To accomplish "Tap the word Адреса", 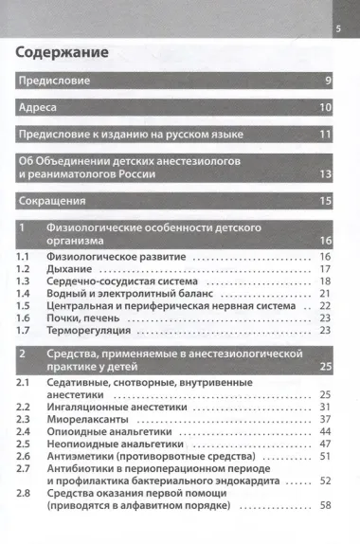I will (42, 107).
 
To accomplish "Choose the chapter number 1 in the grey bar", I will (23, 227).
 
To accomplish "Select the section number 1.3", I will (25, 281).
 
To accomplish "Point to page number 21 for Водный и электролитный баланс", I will (324, 294).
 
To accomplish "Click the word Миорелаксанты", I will (91, 418).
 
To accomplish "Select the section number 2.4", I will (25, 430).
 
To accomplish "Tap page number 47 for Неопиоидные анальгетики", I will (324, 443).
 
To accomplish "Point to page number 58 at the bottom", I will (324, 506).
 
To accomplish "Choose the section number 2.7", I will (25, 468).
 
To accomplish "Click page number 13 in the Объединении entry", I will (325, 174).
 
